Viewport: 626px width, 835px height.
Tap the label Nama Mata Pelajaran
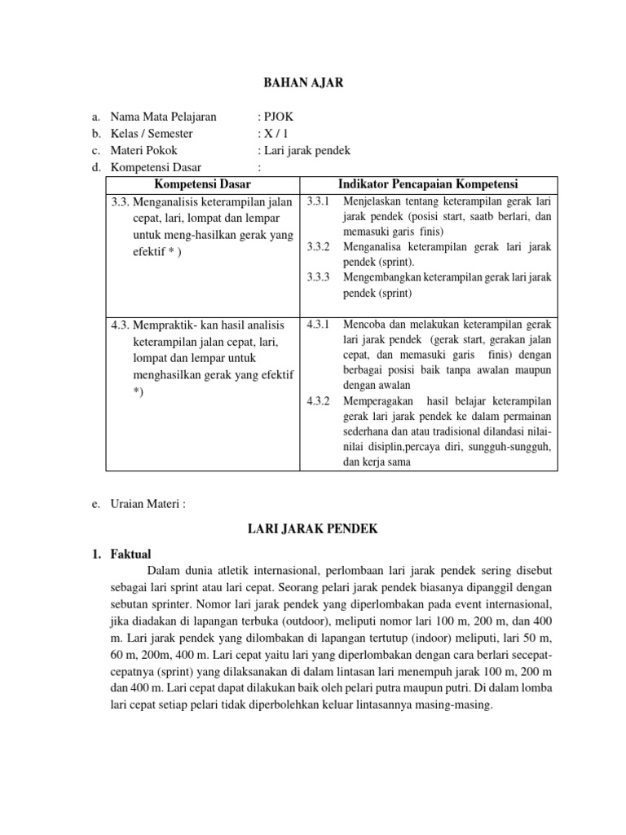point(163,117)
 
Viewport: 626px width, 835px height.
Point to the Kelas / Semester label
point(155,134)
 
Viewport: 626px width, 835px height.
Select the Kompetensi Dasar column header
point(203,183)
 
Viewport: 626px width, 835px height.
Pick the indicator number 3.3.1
point(318,201)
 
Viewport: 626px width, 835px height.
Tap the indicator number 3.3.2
point(318,246)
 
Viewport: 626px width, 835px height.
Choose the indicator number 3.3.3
point(318,277)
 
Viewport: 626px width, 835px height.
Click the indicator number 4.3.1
point(318,325)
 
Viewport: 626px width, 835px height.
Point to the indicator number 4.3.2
point(318,401)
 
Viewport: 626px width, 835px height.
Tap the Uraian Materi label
point(148,504)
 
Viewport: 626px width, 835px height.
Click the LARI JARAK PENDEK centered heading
point(313,529)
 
